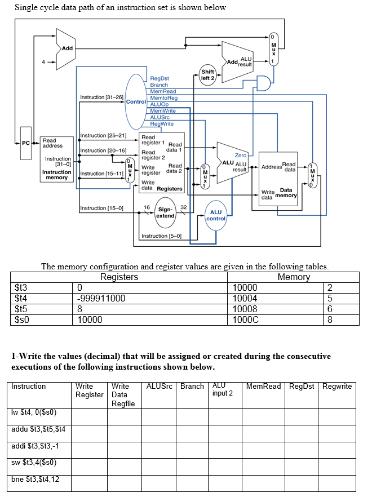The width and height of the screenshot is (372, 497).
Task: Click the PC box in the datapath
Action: pos(25,143)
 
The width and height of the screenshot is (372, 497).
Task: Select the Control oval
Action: pos(136,101)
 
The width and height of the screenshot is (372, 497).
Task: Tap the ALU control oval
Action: pos(216,215)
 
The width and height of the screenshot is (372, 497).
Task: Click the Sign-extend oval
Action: pos(165,212)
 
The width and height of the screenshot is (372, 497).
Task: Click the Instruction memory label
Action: pos(57,175)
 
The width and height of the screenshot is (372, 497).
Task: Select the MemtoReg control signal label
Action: pos(163,98)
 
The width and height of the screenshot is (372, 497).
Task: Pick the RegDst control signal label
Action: pos(160,78)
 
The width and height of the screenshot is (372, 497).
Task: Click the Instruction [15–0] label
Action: pos(101,208)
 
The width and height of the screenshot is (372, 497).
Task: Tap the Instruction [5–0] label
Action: pos(161,236)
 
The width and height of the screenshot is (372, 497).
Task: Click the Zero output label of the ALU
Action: pos(240,154)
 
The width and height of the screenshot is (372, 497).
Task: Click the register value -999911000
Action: pos(101,298)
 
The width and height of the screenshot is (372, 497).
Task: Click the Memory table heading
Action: pos(294,277)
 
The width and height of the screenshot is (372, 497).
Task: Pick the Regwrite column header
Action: pos(337,387)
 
